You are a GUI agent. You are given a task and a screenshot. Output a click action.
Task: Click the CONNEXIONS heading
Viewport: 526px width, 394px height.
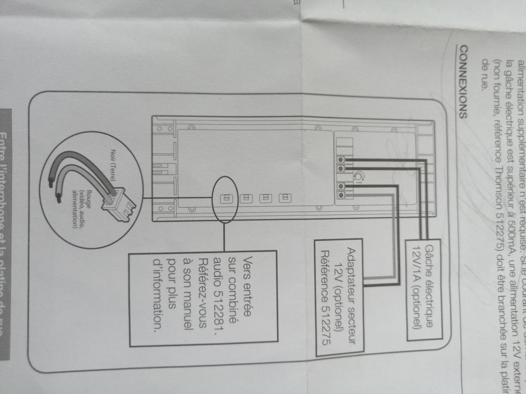[462, 82]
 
